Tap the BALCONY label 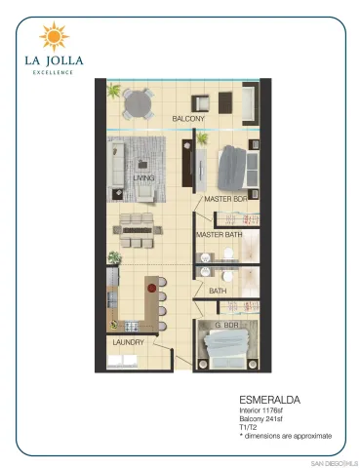coord(188,119)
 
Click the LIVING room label coord(145,178)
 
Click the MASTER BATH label coord(219,235)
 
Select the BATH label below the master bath coord(218,290)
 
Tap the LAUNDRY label coord(128,342)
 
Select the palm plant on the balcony coord(114,92)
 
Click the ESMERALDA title coord(267,400)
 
